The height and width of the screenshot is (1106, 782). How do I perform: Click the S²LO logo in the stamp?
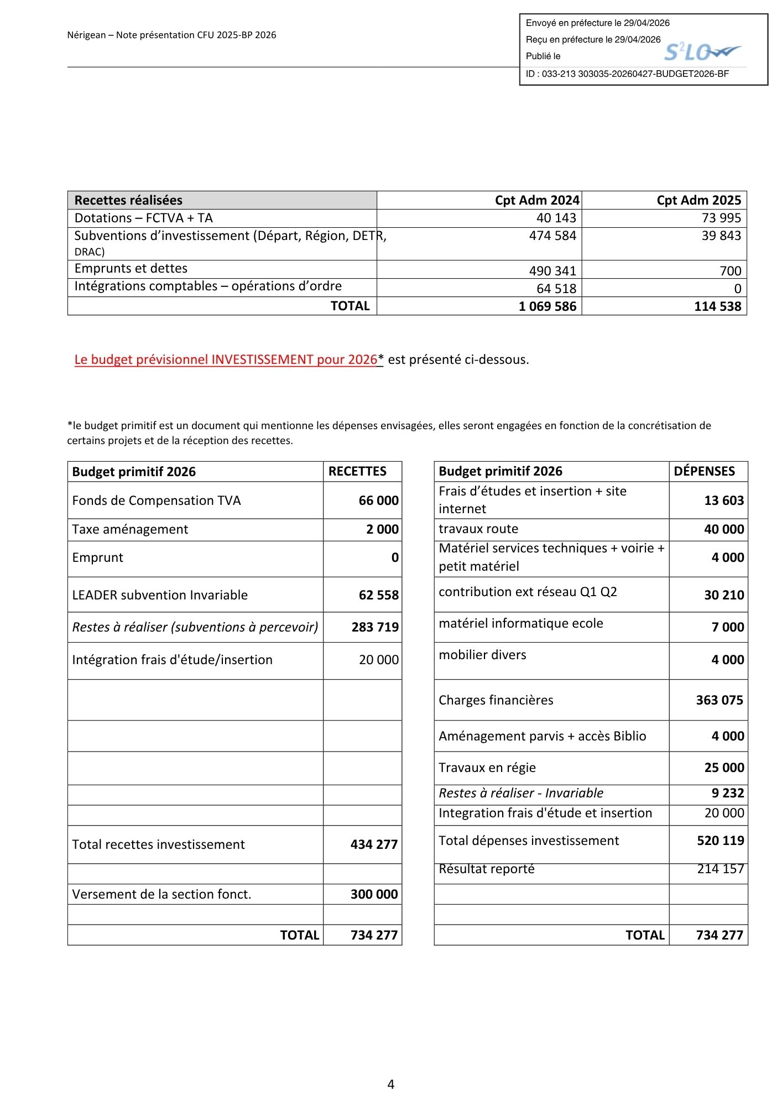(x=701, y=52)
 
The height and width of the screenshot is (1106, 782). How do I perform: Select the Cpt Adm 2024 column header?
(x=536, y=200)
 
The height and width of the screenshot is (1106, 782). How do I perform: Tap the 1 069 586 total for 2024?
(x=547, y=306)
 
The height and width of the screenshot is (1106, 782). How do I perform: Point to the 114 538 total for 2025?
(x=717, y=306)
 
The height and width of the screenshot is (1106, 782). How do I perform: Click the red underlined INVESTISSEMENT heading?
(x=226, y=359)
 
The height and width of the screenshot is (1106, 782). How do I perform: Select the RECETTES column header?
(x=357, y=471)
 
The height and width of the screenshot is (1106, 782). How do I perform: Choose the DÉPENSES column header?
(x=704, y=471)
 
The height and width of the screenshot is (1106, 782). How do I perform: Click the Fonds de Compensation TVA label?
(x=157, y=500)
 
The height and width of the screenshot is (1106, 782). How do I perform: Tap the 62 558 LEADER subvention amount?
(x=378, y=595)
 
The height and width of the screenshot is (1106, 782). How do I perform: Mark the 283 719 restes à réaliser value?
(x=375, y=627)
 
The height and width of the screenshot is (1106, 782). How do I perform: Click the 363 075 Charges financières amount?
(x=720, y=700)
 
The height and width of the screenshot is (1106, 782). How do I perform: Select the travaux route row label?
(x=478, y=529)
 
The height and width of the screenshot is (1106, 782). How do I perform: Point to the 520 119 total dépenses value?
(x=720, y=841)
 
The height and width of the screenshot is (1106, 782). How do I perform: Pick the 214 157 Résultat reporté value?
(x=720, y=869)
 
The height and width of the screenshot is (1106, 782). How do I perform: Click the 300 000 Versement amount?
(x=374, y=894)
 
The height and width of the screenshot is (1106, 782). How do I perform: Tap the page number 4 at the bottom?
(x=391, y=1084)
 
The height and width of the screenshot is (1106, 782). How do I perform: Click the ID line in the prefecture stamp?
(x=627, y=74)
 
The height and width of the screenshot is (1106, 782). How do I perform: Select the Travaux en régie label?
(x=487, y=768)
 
